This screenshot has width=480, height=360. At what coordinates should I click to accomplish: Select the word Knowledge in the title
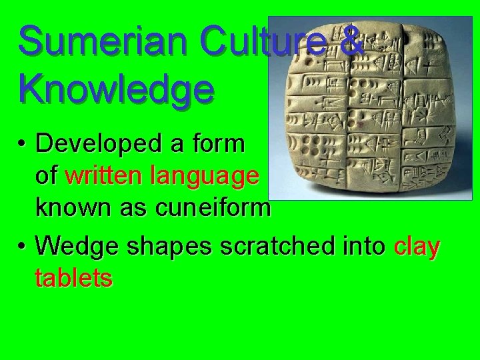coord(117,88)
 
